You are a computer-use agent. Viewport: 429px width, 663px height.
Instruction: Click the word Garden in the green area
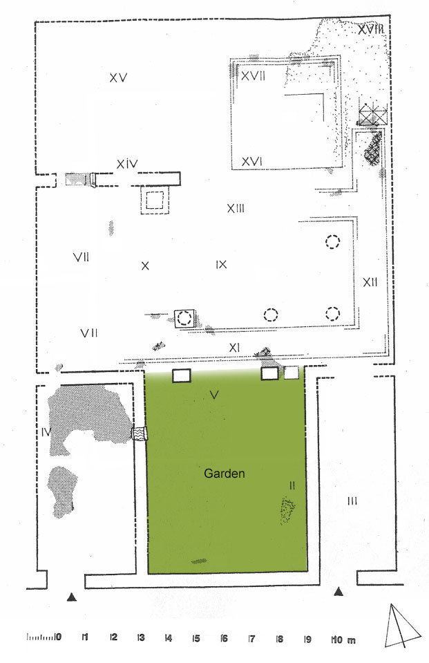(224, 473)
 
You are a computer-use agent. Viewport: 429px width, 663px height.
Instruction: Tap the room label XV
(118, 78)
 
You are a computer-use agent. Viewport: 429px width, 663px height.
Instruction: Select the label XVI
(252, 161)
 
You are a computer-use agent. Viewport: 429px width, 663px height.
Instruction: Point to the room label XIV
(127, 164)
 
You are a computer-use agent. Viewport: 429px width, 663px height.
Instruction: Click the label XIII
(236, 208)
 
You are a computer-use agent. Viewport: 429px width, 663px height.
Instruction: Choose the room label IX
(222, 265)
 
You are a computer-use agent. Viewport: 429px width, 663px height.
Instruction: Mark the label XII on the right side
(370, 282)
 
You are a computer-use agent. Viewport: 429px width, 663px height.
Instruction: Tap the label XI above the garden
(234, 348)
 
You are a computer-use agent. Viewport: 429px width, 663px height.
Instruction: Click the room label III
(352, 501)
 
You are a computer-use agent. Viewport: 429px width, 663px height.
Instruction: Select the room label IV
(46, 432)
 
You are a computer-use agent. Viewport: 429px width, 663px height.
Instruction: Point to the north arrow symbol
(402, 626)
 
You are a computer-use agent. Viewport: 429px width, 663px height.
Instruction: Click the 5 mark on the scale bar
(196, 637)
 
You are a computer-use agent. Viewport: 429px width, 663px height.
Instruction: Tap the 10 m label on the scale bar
(344, 639)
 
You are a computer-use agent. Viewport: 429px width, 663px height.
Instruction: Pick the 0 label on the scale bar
(58, 637)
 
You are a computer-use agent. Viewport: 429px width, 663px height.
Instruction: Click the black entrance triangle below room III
(338, 592)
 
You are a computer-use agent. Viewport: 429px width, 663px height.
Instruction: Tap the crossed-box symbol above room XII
(373, 114)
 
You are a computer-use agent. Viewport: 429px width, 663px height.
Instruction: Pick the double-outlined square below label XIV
(154, 200)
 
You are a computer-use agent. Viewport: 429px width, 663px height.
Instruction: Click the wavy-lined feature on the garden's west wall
(140, 434)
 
